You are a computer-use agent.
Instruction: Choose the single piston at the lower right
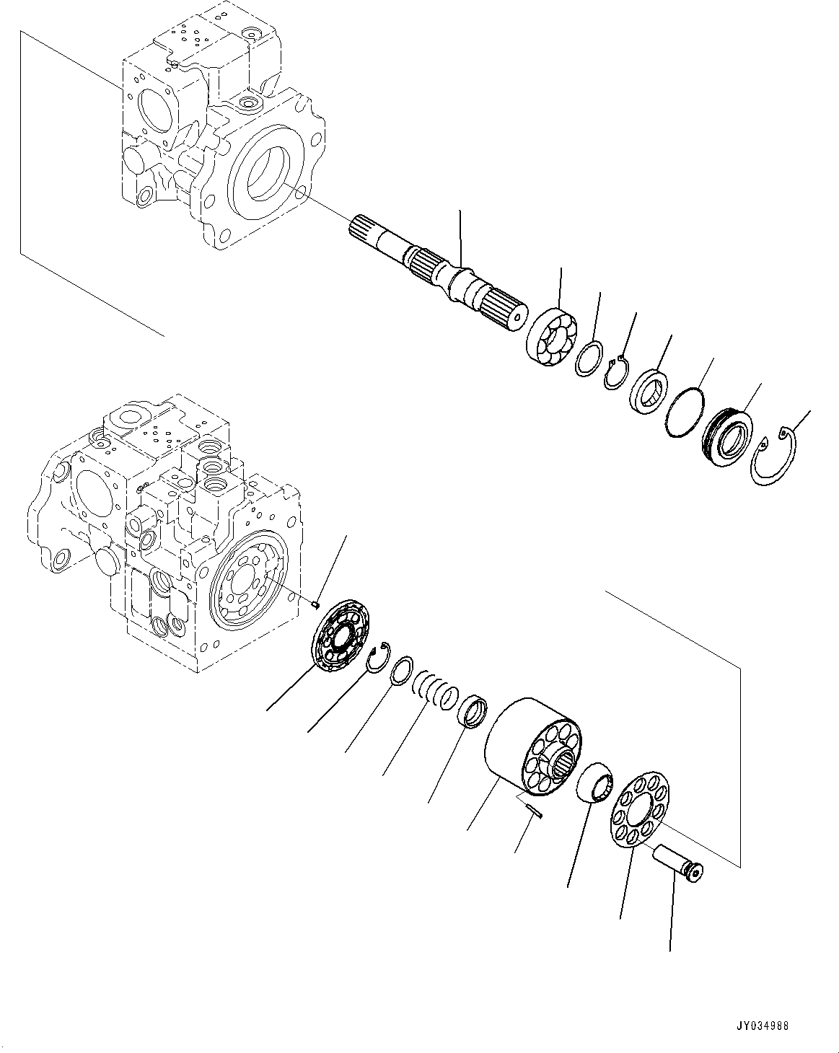pyautogui.click(x=679, y=864)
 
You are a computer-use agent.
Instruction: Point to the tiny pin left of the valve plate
pyautogui.click(x=316, y=605)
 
